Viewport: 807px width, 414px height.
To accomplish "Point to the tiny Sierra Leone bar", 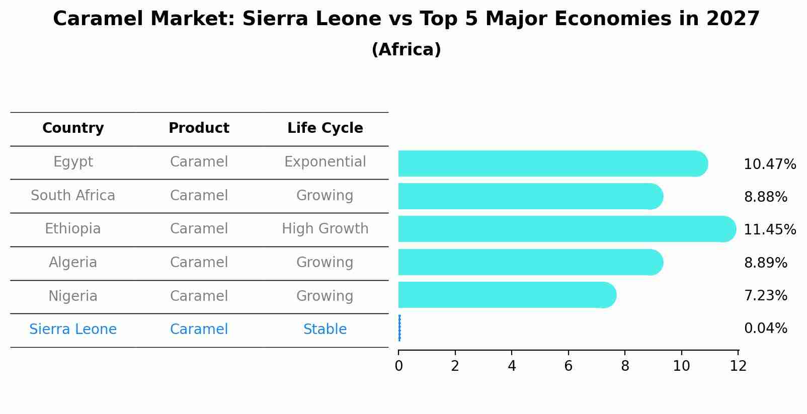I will [x=399, y=328].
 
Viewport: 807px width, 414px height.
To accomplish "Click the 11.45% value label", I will [x=769, y=230].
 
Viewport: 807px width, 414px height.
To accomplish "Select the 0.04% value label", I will [x=765, y=328].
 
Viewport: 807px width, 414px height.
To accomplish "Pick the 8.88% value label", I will [x=765, y=197].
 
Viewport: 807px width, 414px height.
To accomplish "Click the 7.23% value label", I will [x=765, y=296].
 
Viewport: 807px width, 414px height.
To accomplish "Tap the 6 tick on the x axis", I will [x=568, y=366].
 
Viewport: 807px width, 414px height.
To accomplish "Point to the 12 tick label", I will [x=738, y=366].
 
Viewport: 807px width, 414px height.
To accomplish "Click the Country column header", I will [x=73, y=128].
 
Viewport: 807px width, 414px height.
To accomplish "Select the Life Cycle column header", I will [x=325, y=128].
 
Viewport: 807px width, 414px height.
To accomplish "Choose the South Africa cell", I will [x=73, y=196].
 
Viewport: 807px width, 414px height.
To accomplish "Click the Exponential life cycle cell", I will [x=325, y=162].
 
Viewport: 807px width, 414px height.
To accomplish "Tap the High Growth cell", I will [x=325, y=229].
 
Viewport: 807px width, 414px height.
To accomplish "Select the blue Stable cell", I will [x=325, y=329].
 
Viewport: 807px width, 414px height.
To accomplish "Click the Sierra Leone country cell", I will [x=73, y=329].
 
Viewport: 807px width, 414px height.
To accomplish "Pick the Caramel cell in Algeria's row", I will [x=199, y=263].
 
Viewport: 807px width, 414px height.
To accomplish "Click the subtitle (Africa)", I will [x=406, y=50].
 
